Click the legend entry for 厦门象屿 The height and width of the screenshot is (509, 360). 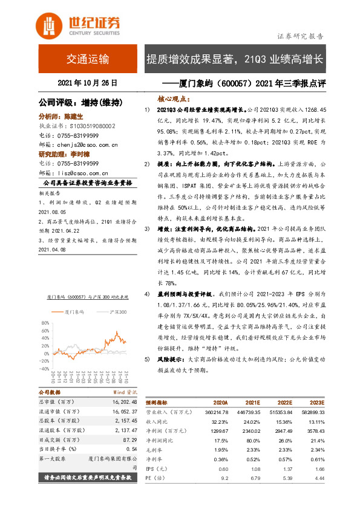point(74,312)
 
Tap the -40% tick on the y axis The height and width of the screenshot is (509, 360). point(45,368)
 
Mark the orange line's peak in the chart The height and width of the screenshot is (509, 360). point(116,331)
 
